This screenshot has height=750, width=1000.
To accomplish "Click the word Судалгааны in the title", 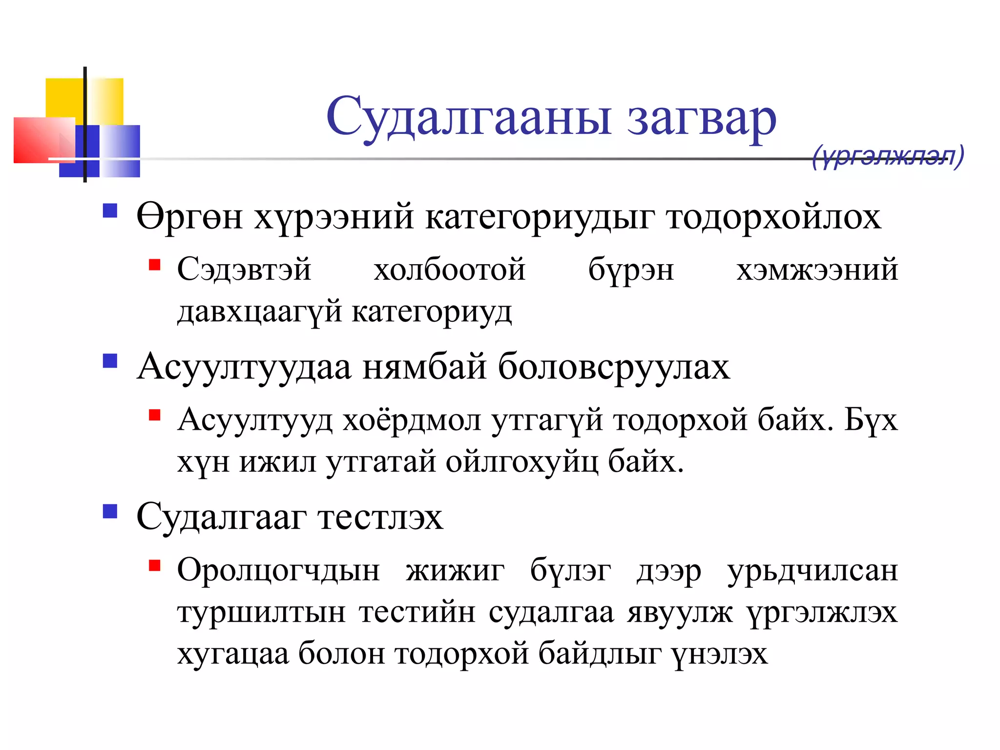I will (468, 117).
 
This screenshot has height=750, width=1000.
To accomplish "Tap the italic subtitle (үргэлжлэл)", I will (888, 157).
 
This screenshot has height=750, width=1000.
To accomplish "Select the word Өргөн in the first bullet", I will (189, 216).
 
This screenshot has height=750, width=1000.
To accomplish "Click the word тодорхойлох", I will (773, 216).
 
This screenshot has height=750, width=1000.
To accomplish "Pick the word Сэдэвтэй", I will (244, 269).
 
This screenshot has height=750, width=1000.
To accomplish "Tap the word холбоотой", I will (449, 269).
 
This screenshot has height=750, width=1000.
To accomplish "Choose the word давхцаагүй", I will (259, 312).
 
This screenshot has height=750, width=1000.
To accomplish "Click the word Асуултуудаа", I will (244, 367).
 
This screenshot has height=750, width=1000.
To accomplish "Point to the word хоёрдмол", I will (412, 419).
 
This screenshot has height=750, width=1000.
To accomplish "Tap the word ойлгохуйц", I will (521, 462).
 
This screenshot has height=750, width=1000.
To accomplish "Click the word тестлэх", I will (380, 517).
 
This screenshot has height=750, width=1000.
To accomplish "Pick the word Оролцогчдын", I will (278, 570).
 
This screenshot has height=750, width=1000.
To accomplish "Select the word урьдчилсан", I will (812, 570).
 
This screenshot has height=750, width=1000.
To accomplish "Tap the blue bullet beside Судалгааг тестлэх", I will (110, 511).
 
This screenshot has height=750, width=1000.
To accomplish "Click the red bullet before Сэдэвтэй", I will (155, 265).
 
